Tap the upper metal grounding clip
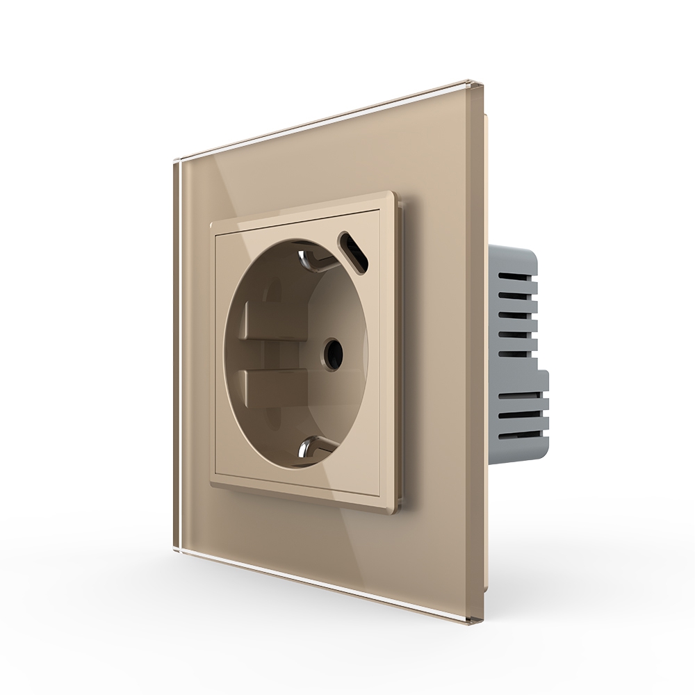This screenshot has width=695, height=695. coord(311,259)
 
